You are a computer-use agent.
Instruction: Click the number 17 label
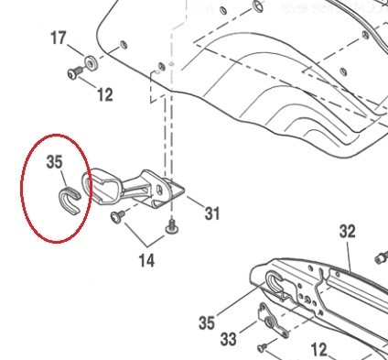(x=58, y=38)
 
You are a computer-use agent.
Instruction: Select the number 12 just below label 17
(x=104, y=94)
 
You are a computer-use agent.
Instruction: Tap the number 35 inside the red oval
(x=54, y=161)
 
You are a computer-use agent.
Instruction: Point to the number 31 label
(x=212, y=214)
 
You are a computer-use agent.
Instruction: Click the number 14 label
(x=146, y=261)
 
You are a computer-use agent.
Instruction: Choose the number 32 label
(x=347, y=231)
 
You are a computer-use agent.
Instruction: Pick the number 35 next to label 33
(x=207, y=322)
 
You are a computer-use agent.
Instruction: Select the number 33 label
(x=229, y=340)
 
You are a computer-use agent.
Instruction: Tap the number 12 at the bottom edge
(x=318, y=349)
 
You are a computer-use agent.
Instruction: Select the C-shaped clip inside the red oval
(x=70, y=196)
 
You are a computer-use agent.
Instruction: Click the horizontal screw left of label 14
(x=117, y=216)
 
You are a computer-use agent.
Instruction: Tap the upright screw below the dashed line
(x=170, y=225)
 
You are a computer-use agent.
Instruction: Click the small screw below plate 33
(x=263, y=346)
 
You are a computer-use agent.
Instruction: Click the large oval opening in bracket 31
(x=102, y=185)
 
